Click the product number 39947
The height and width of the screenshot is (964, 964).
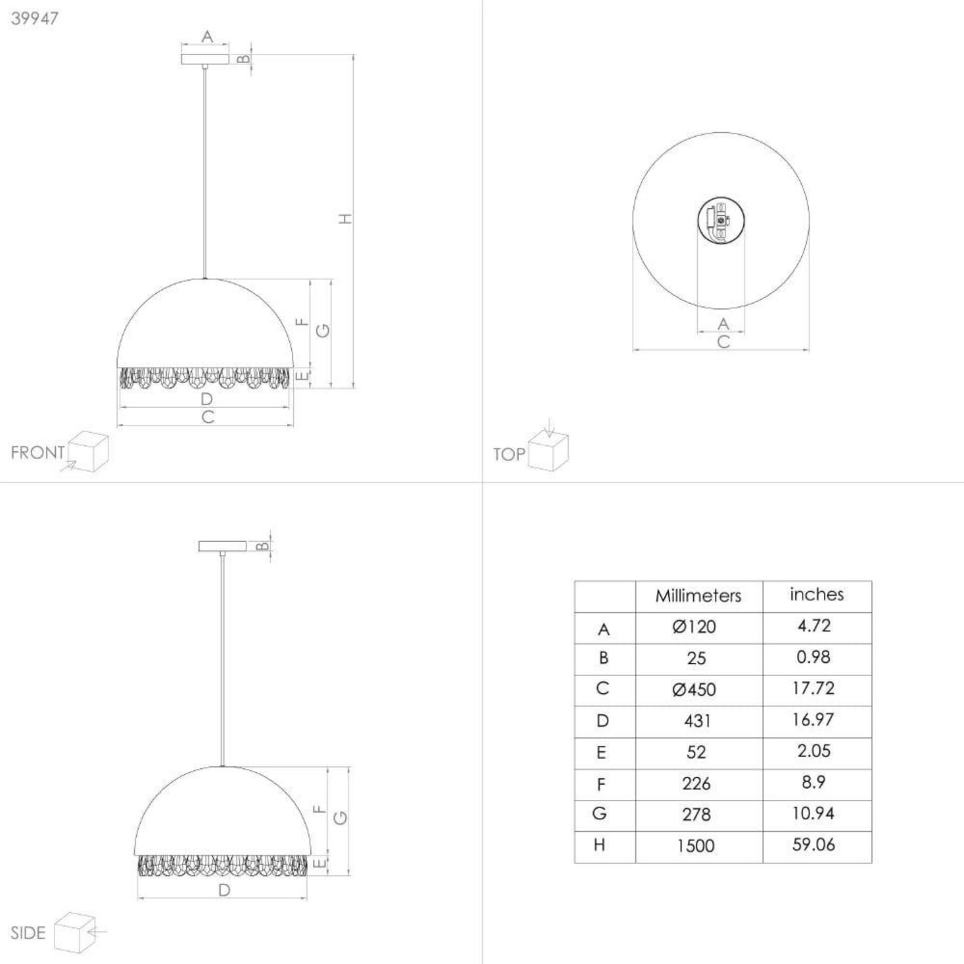(x=35, y=18)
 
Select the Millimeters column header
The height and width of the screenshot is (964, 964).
(x=698, y=595)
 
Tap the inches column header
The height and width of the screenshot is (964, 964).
(x=817, y=594)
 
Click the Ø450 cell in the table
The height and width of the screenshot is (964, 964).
(x=694, y=689)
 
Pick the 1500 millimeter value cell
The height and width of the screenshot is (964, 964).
(x=696, y=846)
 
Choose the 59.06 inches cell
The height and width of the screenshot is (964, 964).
(x=814, y=845)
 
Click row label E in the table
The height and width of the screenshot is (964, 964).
(x=601, y=752)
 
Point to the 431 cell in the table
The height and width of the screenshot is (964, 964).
(x=697, y=721)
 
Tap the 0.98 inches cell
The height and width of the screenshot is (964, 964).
(x=813, y=657)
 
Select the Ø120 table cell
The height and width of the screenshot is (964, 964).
(x=694, y=627)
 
